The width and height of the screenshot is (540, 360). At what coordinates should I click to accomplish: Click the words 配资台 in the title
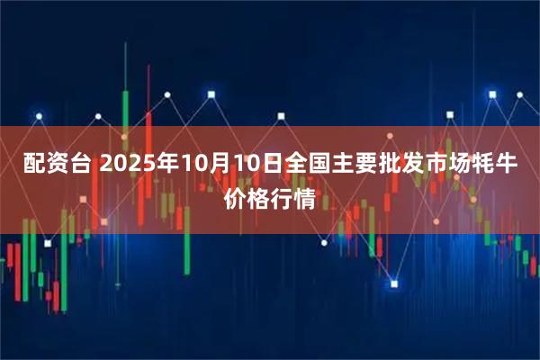pyautogui.click(x=56, y=166)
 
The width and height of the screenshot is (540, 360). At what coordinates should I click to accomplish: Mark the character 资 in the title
pyautogui.click(x=56, y=166)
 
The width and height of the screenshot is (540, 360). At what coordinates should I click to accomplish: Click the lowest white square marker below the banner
pyautogui.click(x=393, y=283)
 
